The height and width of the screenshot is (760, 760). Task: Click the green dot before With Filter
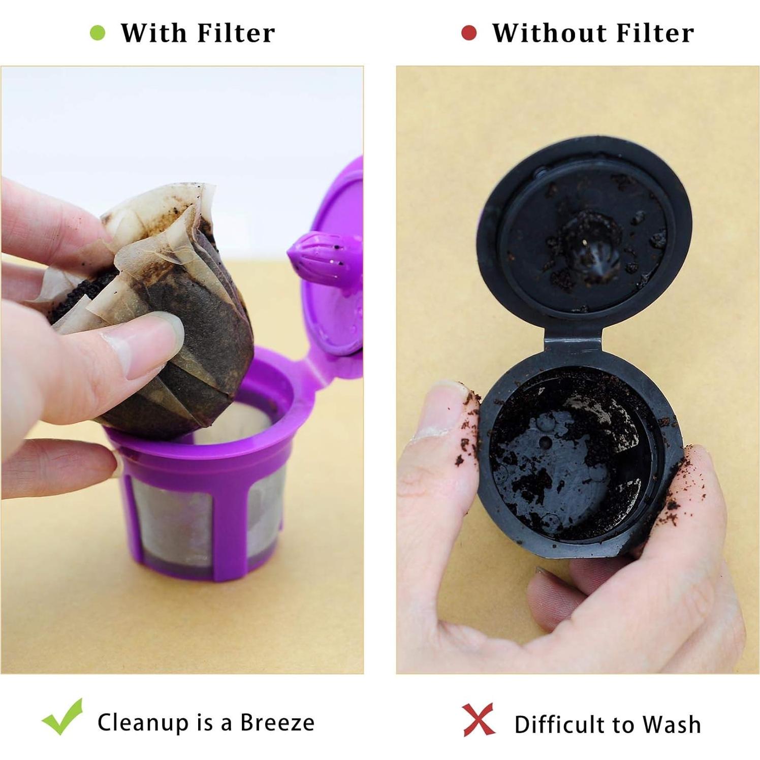tap(98, 34)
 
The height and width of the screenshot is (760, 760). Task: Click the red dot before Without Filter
tap(468, 34)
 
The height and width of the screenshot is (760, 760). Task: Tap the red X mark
tap(479, 719)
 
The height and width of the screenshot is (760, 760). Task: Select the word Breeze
tap(277, 722)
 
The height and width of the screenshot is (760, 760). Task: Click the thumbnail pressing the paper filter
tap(152, 345)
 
